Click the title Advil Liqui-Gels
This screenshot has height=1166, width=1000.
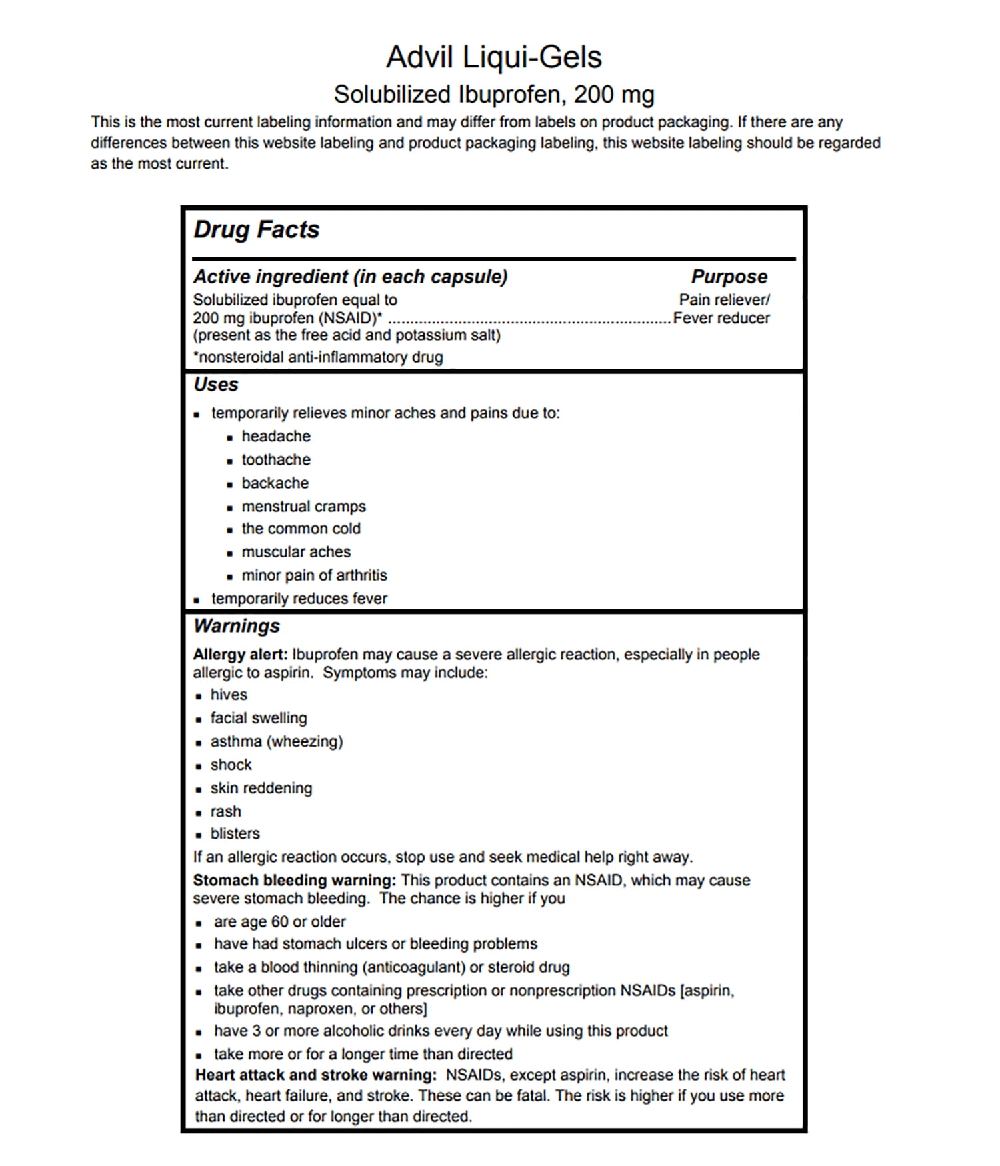point(494,57)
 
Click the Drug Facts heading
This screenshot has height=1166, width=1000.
point(256,230)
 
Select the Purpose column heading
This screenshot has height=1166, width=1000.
point(729,277)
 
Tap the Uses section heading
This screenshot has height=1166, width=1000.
point(215,385)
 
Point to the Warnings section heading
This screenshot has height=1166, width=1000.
point(236,626)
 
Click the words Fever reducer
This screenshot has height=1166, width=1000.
point(721,318)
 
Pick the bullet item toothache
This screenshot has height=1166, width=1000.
point(275,459)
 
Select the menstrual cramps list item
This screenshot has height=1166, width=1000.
point(303,506)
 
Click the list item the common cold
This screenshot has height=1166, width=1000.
point(301,529)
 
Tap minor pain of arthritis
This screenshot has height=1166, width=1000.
point(314,575)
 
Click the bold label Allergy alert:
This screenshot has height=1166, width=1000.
point(240,655)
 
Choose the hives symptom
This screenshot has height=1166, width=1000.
point(229,695)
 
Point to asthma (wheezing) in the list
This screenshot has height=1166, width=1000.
point(276,741)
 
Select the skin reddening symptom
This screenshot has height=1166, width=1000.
point(261,788)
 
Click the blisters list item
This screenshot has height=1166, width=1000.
point(235,833)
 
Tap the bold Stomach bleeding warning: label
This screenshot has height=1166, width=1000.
point(294,880)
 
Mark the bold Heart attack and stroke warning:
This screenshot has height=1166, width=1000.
point(315,1075)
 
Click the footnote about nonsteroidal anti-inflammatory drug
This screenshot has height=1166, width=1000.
point(318,357)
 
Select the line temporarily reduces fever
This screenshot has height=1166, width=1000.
point(299,599)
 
